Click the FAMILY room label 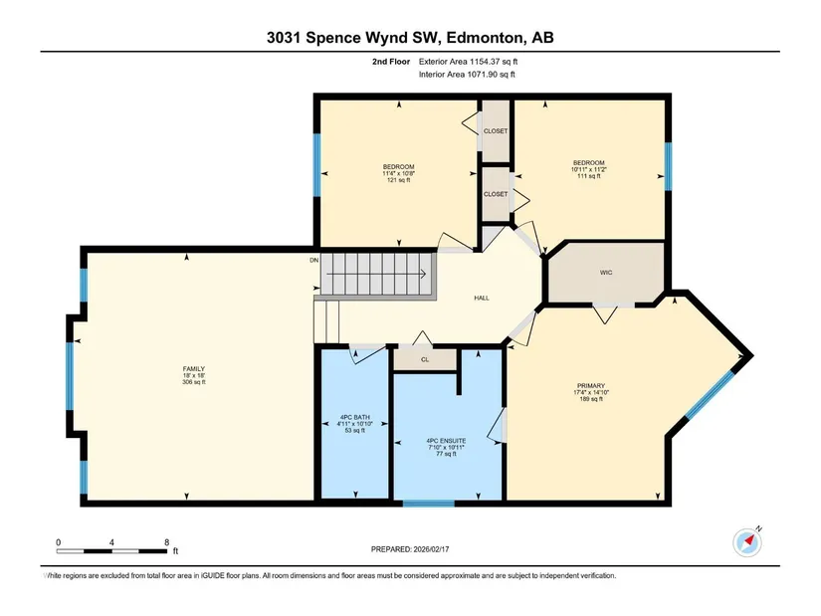[194, 369]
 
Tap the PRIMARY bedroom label [591, 385]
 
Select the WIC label [606, 273]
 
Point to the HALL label [482, 298]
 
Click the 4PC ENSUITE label [446, 441]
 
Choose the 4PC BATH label [355, 418]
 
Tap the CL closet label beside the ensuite [425, 360]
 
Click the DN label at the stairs [314, 261]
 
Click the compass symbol [747, 542]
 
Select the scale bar [111, 551]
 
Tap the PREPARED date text [410, 549]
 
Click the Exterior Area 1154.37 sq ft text [468, 62]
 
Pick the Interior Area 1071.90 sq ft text [467, 75]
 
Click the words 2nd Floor [391, 62]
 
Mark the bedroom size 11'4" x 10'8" [398, 173]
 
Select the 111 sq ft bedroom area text [588, 176]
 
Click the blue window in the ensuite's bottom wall [428, 503]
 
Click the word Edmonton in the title [487, 38]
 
